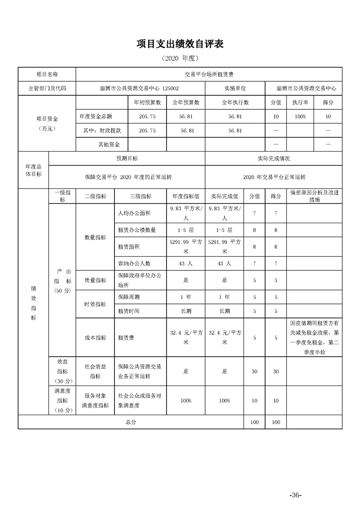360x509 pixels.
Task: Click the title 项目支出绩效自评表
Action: click(x=180, y=44)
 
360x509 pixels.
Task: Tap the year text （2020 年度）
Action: click(x=180, y=59)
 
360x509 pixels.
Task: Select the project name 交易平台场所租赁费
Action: click(x=209, y=74)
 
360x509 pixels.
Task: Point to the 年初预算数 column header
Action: click(x=147, y=103)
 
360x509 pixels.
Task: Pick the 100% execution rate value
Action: click(x=300, y=117)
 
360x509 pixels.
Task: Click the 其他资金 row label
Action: click(x=109, y=145)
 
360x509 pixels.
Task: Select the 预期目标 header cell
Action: click(x=127, y=159)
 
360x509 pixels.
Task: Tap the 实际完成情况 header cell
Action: click(x=273, y=159)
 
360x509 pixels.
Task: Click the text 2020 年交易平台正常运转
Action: click(x=273, y=177)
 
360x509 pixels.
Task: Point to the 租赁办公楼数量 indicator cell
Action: click(x=137, y=230)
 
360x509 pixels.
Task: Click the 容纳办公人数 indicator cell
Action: click(x=134, y=263)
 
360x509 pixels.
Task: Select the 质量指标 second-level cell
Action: click(x=95, y=280)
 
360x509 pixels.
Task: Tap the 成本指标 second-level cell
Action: click(x=95, y=338)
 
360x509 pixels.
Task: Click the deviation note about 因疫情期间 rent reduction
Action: click(x=314, y=338)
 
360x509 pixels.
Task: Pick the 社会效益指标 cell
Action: click(x=95, y=371)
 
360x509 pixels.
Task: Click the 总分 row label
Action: click(x=131, y=422)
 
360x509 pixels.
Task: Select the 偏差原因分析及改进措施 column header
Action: click(x=314, y=196)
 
